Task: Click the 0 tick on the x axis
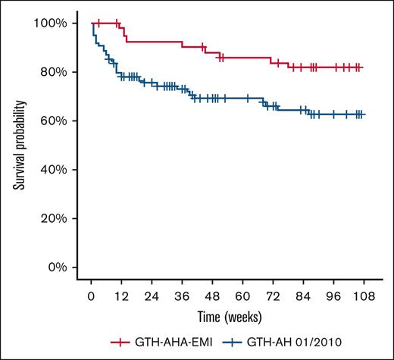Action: pyautogui.click(x=91, y=296)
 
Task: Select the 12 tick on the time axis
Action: pyautogui.click(x=121, y=296)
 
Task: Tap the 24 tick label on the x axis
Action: pyautogui.click(x=152, y=296)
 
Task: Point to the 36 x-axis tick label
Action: pyautogui.click(x=182, y=296)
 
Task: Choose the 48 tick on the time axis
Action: pyautogui.click(x=212, y=296)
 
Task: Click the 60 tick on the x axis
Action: pyautogui.click(x=242, y=296)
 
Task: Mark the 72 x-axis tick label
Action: pyautogui.click(x=273, y=296)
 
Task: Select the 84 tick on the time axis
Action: pyautogui.click(x=303, y=296)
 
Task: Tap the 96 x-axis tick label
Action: pyautogui.click(x=333, y=296)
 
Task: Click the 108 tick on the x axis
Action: pyautogui.click(x=363, y=296)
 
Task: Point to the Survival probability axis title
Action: pyautogui.click(x=17, y=146)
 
